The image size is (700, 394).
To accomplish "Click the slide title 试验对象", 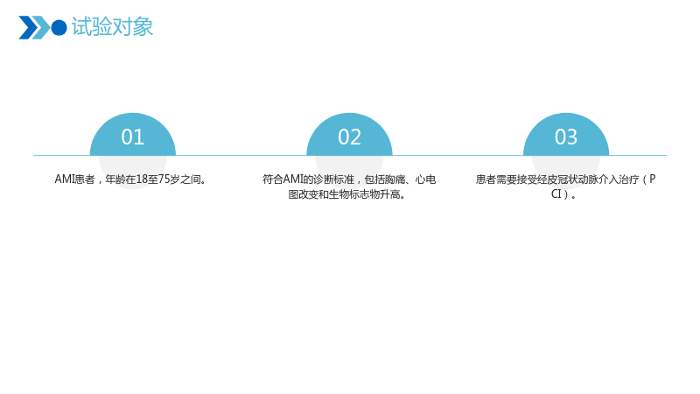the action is tap(112, 27).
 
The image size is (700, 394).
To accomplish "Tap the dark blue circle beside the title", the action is tap(59, 28).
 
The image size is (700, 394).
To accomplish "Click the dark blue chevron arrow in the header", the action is tap(28, 28).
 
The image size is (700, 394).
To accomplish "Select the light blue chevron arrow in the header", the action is tap(40, 28).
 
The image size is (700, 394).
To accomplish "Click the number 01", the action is tap(133, 137).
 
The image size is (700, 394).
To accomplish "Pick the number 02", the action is tap(349, 137).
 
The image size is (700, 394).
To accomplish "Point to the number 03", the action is tap(566, 137).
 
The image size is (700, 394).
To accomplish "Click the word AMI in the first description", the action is tap(64, 179).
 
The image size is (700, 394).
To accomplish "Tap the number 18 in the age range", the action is tap(142, 179).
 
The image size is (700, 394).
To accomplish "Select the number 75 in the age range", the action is tap(164, 179).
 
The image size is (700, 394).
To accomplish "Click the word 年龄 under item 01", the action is tap(115, 179).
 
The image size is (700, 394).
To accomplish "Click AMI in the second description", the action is tap(293, 179).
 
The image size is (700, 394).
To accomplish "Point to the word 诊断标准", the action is tap(333, 179).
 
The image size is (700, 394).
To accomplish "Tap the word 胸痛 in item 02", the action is tap(395, 179).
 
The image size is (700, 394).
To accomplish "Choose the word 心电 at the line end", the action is tap(425, 179).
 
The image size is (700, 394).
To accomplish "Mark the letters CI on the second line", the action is tap(556, 194).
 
